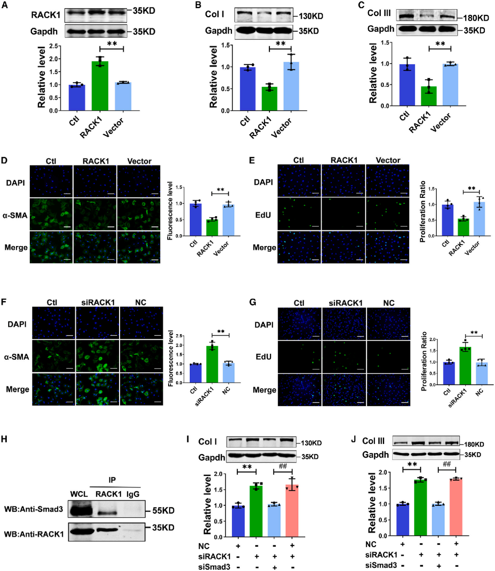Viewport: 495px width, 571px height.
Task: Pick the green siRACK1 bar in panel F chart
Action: [212, 364]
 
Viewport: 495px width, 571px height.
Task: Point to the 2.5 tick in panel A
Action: [54, 46]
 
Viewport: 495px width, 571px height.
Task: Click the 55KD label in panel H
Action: [163, 510]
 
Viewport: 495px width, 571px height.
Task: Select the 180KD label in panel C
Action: [476, 18]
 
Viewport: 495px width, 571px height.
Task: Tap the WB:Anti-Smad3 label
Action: [33, 509]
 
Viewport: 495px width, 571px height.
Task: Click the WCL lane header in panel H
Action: [79, 494]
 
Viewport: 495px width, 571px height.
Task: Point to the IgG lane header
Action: [133, 494]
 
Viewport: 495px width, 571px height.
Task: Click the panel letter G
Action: [252, 302]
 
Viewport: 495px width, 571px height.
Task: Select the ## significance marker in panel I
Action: [283, 466]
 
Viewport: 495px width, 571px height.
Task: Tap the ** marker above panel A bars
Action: [112, 44]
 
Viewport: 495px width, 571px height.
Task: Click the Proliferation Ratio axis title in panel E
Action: [423, 212]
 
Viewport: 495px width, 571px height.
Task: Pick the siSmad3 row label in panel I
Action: [214, 567]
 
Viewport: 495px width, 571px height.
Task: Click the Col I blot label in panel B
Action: [214, 14]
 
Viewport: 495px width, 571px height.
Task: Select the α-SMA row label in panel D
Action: [16, 215]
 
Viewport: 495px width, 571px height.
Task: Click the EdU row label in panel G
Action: [264, 357]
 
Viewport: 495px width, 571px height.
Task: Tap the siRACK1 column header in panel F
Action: [98, 302]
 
